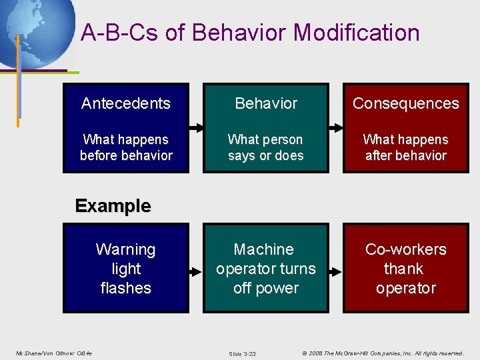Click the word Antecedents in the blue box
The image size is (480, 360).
(x=126, y=103)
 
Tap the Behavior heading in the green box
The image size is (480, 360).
(x=266, y=103)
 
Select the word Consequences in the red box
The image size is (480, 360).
(x=405, y=103)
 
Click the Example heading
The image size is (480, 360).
(x=113, y=206)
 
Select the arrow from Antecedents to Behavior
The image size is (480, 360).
(x=197, y=127)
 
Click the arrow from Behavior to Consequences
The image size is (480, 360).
(x=336, y=127)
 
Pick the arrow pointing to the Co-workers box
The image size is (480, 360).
(x=336, y=271)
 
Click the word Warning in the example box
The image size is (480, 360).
(x=126, y=249)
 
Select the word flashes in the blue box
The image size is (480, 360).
(x=126, y=288)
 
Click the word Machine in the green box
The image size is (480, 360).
(x=264, y=249)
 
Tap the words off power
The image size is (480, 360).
(x=266, y=288)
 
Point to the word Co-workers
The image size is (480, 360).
(x=405, y=249)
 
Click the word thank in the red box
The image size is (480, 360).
(x=403, y=269)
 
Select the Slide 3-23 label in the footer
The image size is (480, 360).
(x=242, y=353)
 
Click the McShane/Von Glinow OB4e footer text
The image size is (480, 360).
(x=54, y=353)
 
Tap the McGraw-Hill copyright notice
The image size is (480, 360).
(x=382, y=353)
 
